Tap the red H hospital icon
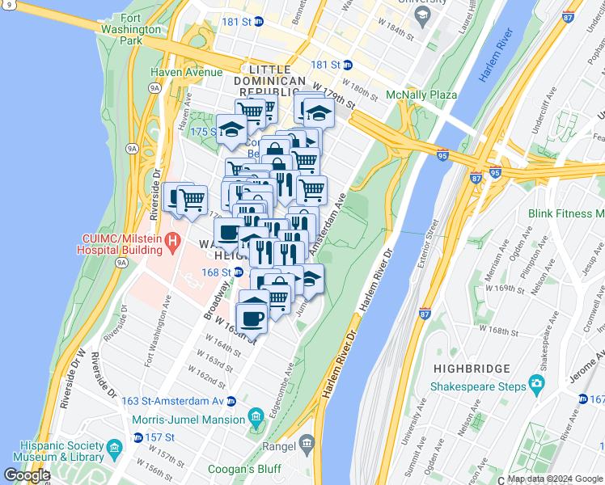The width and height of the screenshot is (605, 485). click(x=171, y=241)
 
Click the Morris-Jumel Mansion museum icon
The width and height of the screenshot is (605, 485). click(x=256, y=419)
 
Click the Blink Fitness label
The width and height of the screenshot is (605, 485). click(x=565, y=213)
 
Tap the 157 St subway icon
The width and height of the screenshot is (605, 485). click(x=137, y=437)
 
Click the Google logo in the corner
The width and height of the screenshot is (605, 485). click(x=27, y=475)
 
